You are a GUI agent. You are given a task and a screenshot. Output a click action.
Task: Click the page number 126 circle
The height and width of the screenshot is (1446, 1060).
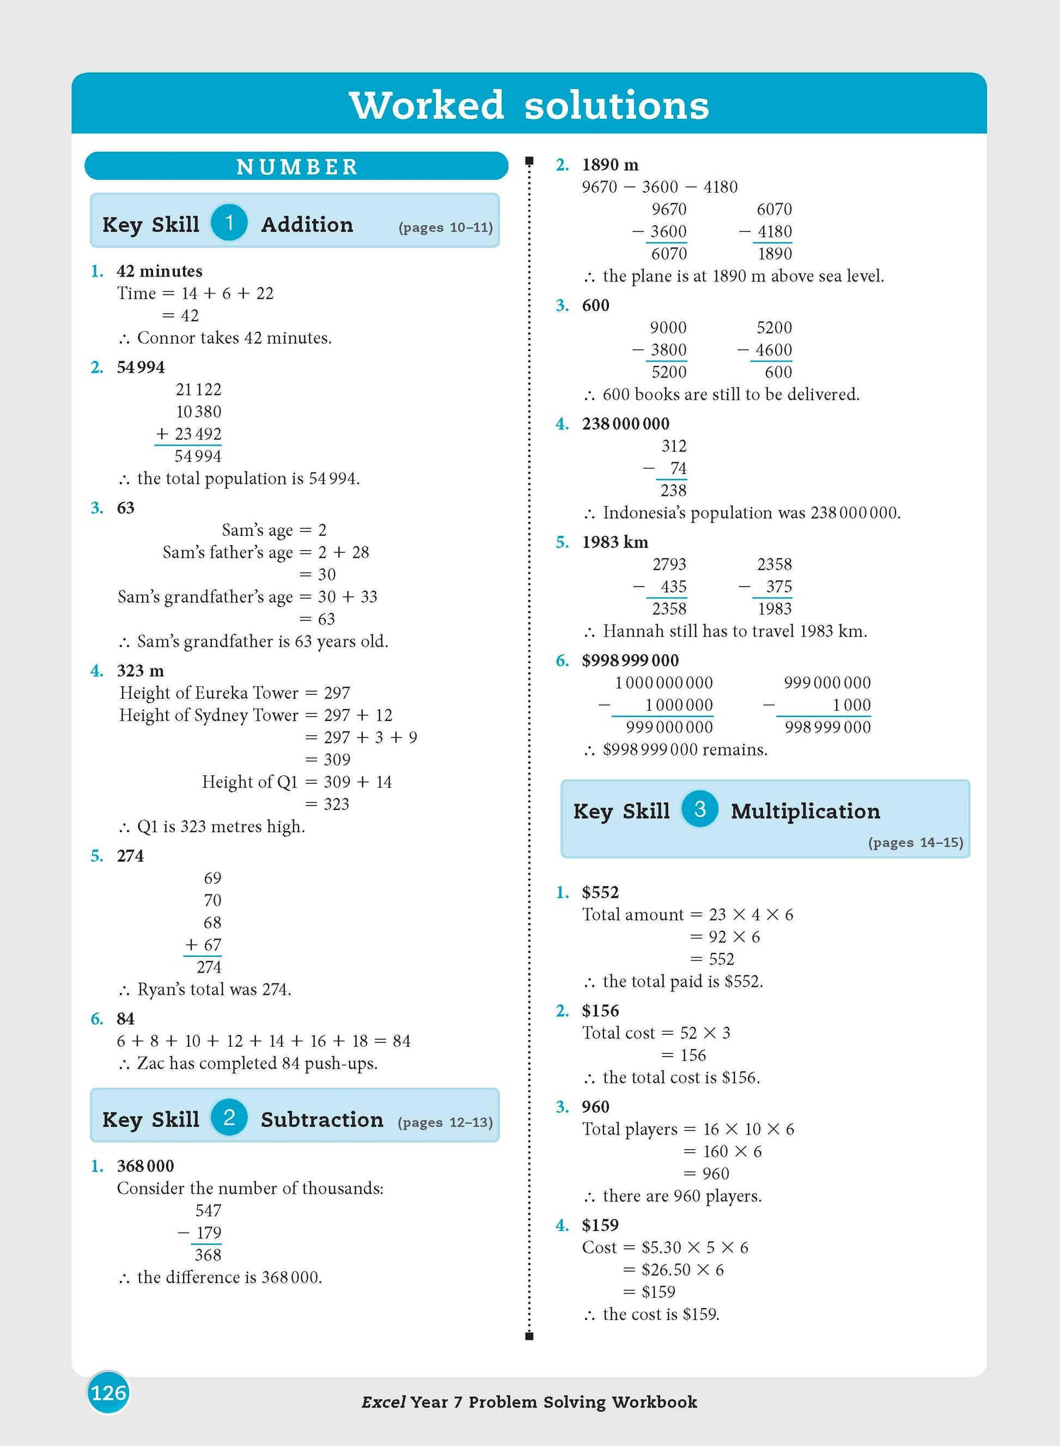click(x=108, y=1392)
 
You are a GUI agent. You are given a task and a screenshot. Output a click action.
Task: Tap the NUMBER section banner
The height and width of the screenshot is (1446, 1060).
click(x=296, y=166)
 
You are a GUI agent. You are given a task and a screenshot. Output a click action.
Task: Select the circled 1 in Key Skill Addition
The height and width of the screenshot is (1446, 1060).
click(x=229, y=223)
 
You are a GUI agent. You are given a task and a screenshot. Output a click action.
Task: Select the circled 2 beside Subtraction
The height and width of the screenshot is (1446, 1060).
click(x=229, y=1118)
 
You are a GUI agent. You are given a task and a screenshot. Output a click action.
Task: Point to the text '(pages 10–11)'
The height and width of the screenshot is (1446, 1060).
click(x=446, y=227)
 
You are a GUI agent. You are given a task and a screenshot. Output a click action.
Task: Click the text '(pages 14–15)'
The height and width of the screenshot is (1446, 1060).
click(x=916, y=843)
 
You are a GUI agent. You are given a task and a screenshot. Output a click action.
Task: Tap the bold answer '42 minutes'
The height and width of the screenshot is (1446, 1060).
click(x=159, y=271)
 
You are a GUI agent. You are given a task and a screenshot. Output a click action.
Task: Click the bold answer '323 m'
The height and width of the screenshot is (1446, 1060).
click(x=140, y=670)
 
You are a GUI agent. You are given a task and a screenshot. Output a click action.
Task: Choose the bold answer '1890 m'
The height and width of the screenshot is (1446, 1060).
click(x=610, y=165)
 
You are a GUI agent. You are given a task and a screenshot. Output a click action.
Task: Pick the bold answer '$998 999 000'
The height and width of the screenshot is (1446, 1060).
click(x=630, y=660)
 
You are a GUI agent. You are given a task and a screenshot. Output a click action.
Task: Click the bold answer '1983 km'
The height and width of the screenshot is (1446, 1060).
click(x=614, y=542)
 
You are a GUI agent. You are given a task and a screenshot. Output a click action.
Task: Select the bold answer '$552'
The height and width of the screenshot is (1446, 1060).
click(x=600, y=892)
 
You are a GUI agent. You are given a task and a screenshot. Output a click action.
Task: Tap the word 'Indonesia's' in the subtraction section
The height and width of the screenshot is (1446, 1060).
click(x=644, y=512)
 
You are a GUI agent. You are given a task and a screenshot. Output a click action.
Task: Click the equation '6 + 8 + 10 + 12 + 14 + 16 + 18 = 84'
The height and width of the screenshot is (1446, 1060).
click(x=263, y=1041)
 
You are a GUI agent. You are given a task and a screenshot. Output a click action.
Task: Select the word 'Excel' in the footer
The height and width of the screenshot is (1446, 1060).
click(x=383, y=1402)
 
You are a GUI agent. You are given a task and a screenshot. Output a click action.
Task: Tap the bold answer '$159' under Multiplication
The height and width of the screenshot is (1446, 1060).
click(x=600, y=1225)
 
